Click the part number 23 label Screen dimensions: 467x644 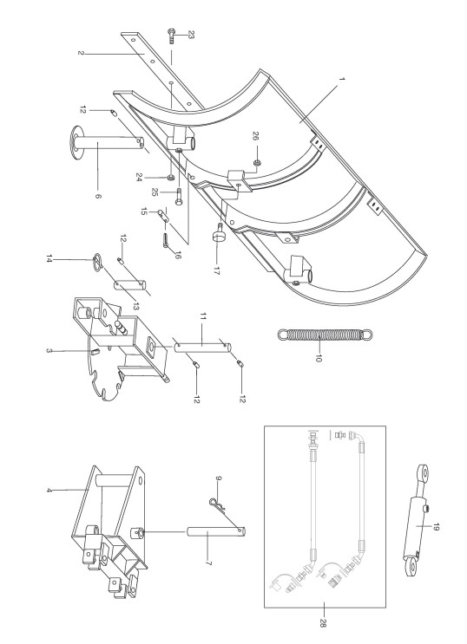pyautogui.click(x=190, y=35)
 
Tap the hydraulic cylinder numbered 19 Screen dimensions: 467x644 pyautogui.click(x=416, y=522)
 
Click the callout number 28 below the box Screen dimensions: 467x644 pyautogui.click(x=322, y=623)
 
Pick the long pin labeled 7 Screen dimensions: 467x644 pyautogui.click(x=216, y=532)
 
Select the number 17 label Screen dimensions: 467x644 pyautogui.click(x=216, y=270)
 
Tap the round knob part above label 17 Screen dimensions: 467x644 pyautogui.click(x=218, y=234)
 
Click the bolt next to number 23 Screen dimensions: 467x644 pyautogui.click(x=171, y=36)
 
